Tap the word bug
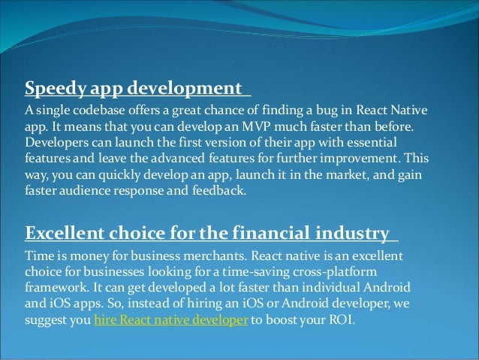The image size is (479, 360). [294, 111]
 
